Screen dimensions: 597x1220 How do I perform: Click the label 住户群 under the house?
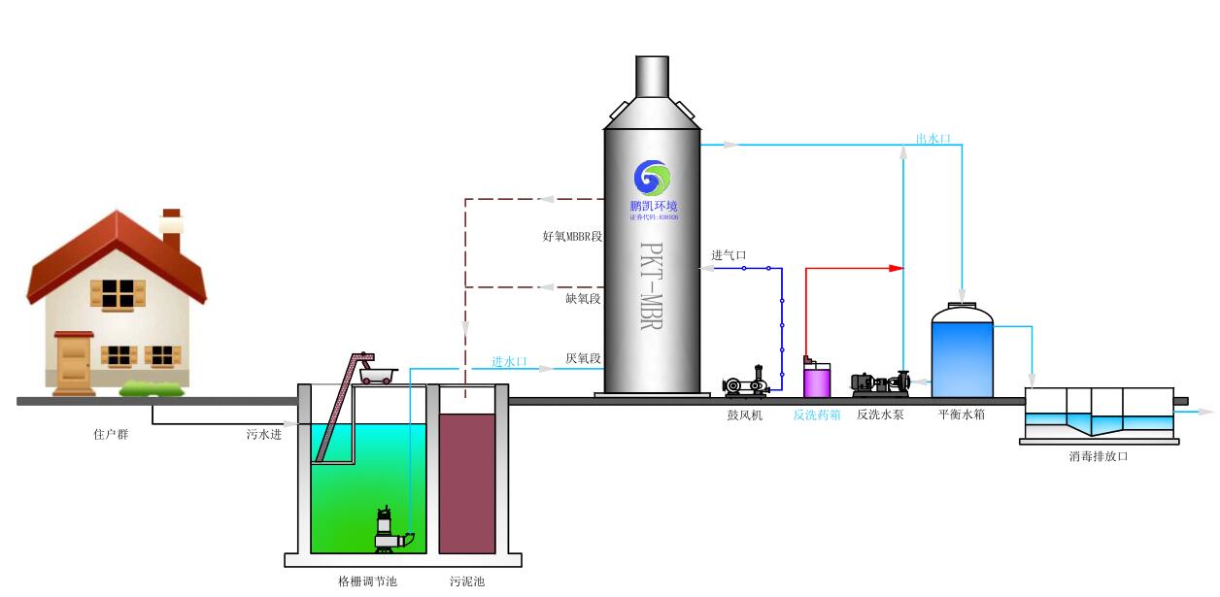(110, 434)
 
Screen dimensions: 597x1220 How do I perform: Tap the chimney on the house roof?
(171, 230)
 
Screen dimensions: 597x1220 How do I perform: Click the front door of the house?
(74, 362)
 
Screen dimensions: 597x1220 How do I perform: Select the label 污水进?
(263, 434)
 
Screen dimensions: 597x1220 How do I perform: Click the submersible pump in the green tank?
(390, 531)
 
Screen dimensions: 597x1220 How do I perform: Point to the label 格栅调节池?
(367, 581)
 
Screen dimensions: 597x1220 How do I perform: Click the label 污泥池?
(466, 581)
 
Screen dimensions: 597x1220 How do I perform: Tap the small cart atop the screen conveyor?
(375, 371)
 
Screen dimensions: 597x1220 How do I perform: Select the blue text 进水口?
(509, 361)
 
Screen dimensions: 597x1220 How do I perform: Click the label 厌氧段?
(583, 358)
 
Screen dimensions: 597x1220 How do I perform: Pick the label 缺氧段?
(583, 298)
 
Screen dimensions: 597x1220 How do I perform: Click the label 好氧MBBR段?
(572, 236)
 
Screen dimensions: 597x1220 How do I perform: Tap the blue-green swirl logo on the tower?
(652, 178)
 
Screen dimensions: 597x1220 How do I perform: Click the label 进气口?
(729, 255)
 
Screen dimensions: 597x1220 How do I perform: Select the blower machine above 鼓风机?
(746, 382)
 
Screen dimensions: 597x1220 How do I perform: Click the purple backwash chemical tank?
(817, 379)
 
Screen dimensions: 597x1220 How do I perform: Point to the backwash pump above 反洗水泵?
(879, 383)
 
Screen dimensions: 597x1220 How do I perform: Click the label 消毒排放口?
(1099, 455)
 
